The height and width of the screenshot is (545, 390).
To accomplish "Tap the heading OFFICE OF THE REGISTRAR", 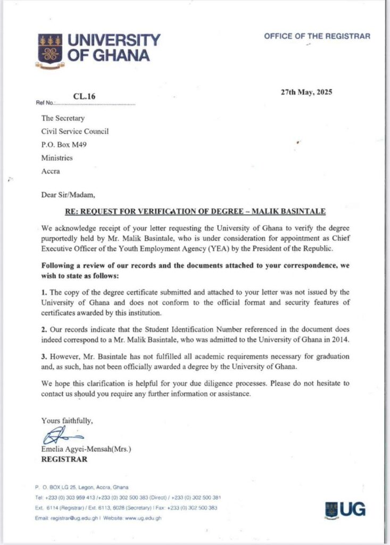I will tap(317, 36).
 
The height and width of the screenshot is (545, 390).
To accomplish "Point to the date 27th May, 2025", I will tap(306, 92).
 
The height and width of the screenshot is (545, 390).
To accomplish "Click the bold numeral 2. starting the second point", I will tap(44, 329).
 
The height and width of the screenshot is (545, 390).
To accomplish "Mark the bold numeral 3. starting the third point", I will tap(44, 355).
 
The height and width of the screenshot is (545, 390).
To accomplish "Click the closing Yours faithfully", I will tap(67, 420).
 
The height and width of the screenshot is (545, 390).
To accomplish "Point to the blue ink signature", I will tap(57, 435).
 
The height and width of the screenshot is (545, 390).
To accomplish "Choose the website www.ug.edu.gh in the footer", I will tap(144, 518).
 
